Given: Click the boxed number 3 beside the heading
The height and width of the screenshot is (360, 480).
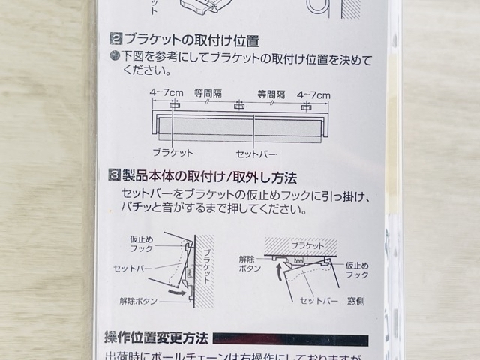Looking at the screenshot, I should click(115, 178).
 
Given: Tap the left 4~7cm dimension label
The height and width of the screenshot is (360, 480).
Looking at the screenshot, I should click(166, 94).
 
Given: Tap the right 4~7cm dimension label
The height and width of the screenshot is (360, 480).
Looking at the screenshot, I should click(313, 94).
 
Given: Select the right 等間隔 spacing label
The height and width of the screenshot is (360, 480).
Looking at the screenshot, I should click(271, 94).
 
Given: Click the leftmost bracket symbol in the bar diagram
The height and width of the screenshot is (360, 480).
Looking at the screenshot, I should click(174, 106).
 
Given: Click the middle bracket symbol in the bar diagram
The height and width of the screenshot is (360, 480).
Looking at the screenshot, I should click(239, 106).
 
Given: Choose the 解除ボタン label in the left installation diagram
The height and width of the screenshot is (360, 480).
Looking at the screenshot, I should click(138, 300).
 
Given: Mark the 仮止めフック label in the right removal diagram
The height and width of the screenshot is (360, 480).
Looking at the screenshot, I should click(357, 269).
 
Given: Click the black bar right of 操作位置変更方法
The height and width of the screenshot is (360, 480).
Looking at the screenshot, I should click(290, 340).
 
